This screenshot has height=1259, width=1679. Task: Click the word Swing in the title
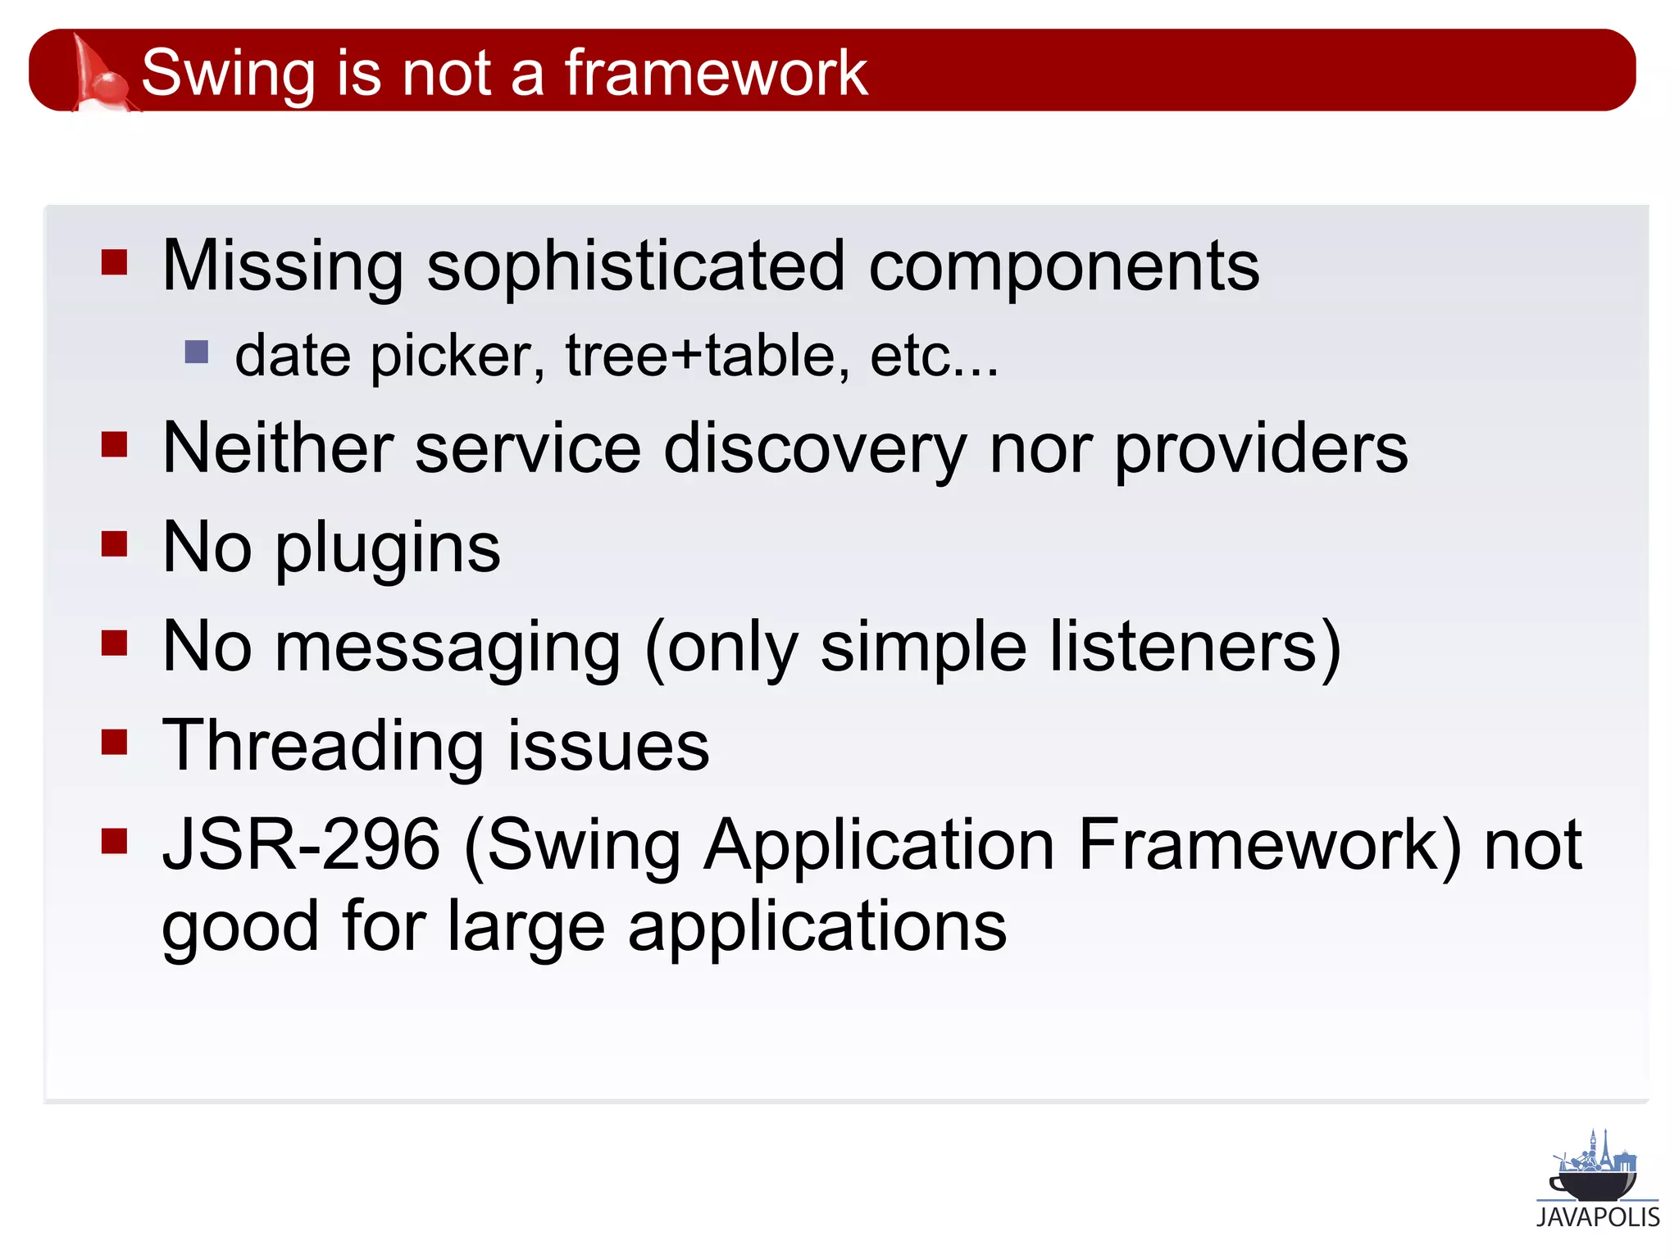click(x=228, y=74)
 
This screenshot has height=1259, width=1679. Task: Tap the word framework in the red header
click(x=716, y=74)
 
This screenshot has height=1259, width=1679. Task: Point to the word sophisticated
click(x=635, y=267)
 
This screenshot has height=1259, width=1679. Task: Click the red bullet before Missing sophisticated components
click(x=115, y=263)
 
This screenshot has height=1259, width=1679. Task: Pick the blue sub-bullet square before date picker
click(x=197, y=352)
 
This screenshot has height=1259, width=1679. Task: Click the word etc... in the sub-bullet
click(x=934, y=357)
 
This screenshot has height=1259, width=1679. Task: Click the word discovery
click(x=815, y=450)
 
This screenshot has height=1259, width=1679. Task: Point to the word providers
click(x=1261, y=450)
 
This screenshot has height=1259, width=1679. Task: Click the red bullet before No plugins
click(x=115, y=543)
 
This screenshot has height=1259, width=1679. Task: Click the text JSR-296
click(x=301, y=845)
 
